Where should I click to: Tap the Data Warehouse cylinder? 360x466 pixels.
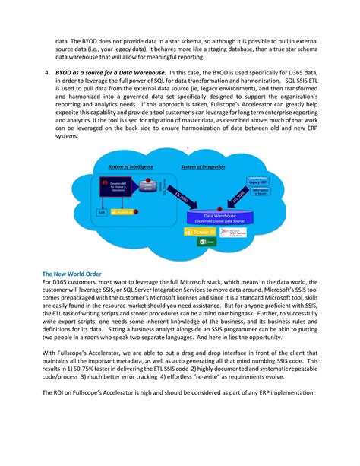click(x=219, y=217)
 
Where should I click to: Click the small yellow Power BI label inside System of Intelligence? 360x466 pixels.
click(x=122, y=212)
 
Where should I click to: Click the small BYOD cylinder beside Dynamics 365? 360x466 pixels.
click(x=150, y=187)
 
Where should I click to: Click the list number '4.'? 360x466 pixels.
click(x=47, y=72)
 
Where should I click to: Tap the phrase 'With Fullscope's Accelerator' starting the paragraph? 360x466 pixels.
click(x=83, y=353)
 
